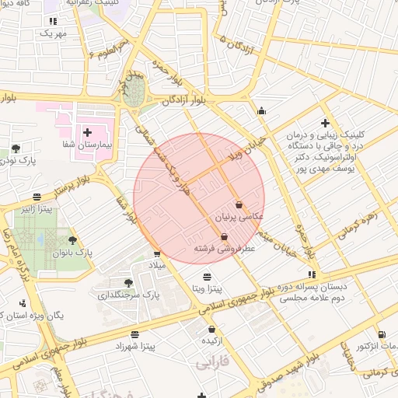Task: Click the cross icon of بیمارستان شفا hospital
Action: pyautogui.click(x=87, y=132)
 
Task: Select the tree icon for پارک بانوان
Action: pyautogui.click(x=73, y=240)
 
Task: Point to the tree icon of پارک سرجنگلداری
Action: pyautogui.click(x=128, y=282)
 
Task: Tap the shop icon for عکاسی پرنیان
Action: pyautogui.click(x=238, y=204)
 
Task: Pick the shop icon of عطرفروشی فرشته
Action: pyautogui.click(x=224, y=236)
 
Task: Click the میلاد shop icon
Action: pyautogui.click(x=157, y=253)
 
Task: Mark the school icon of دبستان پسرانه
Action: pyautogui.click(x=312, y=274)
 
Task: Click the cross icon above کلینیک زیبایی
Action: pyautogui.click(x=325, y=122)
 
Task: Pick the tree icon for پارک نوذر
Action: pyautogui.click(x=16, y=148)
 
